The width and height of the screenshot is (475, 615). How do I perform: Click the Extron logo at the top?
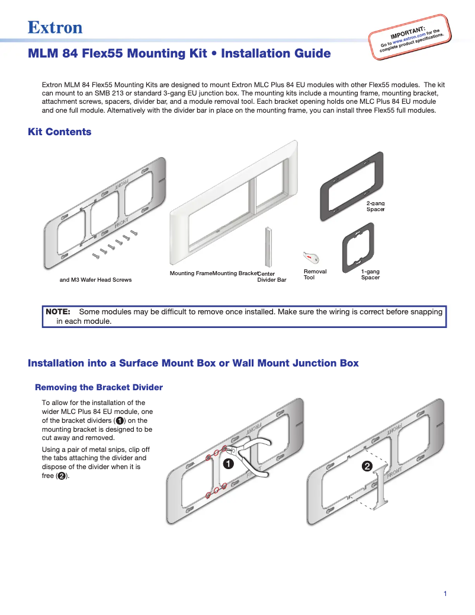(55, 28)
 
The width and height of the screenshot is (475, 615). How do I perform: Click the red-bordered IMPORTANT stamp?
(411, 36)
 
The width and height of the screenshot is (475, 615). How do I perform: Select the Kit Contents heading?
(60, 132)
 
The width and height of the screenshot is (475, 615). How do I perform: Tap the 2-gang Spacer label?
(375, 206)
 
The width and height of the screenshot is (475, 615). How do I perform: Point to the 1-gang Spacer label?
(370, 274)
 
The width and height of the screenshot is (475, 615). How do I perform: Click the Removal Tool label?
(314, 274)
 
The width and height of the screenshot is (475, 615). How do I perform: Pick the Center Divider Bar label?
(271, 276)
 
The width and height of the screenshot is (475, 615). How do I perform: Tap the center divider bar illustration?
(268, 246)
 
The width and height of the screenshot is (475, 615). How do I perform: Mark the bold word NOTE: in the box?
(58, 312)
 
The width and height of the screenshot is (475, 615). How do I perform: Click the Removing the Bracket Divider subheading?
(99, 387)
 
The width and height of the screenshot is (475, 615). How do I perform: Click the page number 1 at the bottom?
(445, 594)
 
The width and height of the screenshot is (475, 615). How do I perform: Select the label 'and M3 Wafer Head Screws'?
(95, 280)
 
